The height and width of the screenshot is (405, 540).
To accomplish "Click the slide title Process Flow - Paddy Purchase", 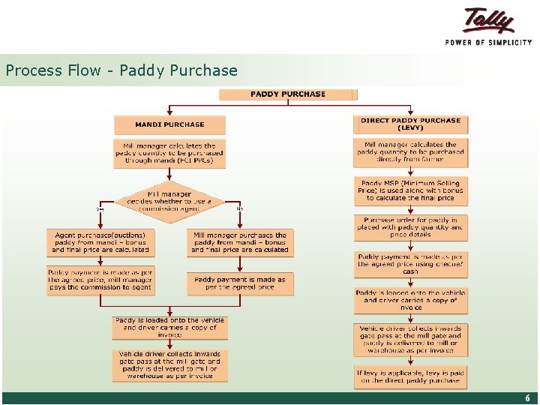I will click(121, 71).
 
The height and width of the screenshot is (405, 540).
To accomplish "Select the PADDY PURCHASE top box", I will click(288, 94).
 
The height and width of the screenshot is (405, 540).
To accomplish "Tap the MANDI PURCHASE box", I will click(169, 124).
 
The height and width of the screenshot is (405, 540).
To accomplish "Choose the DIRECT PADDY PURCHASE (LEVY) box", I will click(410, 124).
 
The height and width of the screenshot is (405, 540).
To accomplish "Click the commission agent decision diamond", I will click(169, 201).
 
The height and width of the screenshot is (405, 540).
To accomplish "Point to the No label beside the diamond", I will click(240, 208).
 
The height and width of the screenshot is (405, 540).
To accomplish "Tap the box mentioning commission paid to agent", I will click(100, 280).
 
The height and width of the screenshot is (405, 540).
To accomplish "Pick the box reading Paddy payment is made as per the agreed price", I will click(240, 283).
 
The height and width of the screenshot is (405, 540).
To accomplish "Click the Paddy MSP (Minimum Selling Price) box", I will click(410, 191).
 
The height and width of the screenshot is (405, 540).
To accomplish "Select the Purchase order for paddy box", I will click(410, 227).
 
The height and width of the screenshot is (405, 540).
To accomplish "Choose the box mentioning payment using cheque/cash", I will click(410, 265).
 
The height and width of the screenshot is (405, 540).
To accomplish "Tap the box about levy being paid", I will click(410, 376).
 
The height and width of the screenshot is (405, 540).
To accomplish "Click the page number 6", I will click(527, 398).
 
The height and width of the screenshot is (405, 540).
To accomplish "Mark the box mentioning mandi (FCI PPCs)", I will click(169, 153).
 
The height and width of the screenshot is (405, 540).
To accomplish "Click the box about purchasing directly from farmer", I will click(410, 152).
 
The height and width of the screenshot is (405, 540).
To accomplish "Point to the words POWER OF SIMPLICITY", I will click(488, 43).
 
